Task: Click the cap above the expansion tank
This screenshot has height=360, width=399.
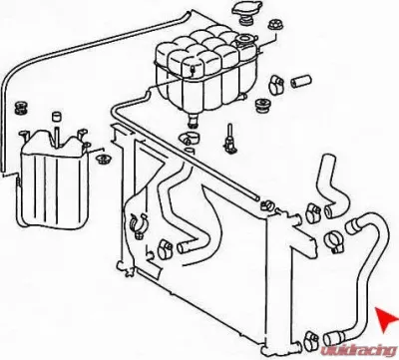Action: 242,14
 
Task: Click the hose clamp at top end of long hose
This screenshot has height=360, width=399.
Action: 334,236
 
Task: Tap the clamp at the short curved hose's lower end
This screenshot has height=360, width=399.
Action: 313,210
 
